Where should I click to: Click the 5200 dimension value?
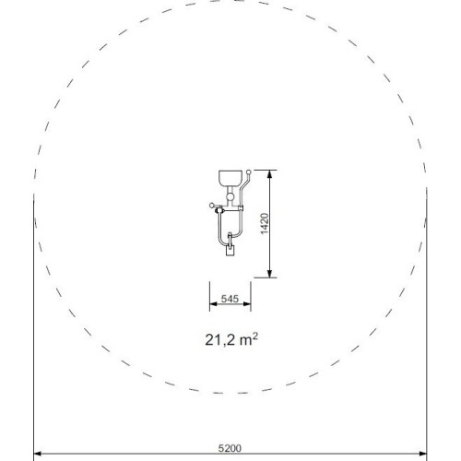click(230, 448)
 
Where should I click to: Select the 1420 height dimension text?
click(265, 224)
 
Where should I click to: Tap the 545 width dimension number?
click(230, 299)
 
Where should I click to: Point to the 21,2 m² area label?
click(231, 339)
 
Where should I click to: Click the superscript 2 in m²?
click(254, 337)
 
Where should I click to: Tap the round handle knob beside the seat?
click(249, 172)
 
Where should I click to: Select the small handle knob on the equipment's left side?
click(211, 205)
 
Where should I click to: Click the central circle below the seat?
click(230, 196)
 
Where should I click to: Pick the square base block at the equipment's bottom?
click(230, 251)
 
